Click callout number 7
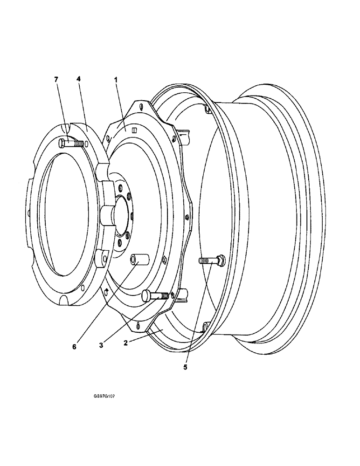(x=56, y=80)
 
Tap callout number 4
(x=79, y=80)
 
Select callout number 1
(x=116, y=80)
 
